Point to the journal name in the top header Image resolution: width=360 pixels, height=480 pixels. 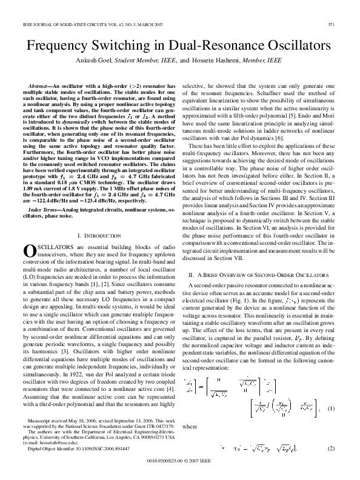(79, 24)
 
